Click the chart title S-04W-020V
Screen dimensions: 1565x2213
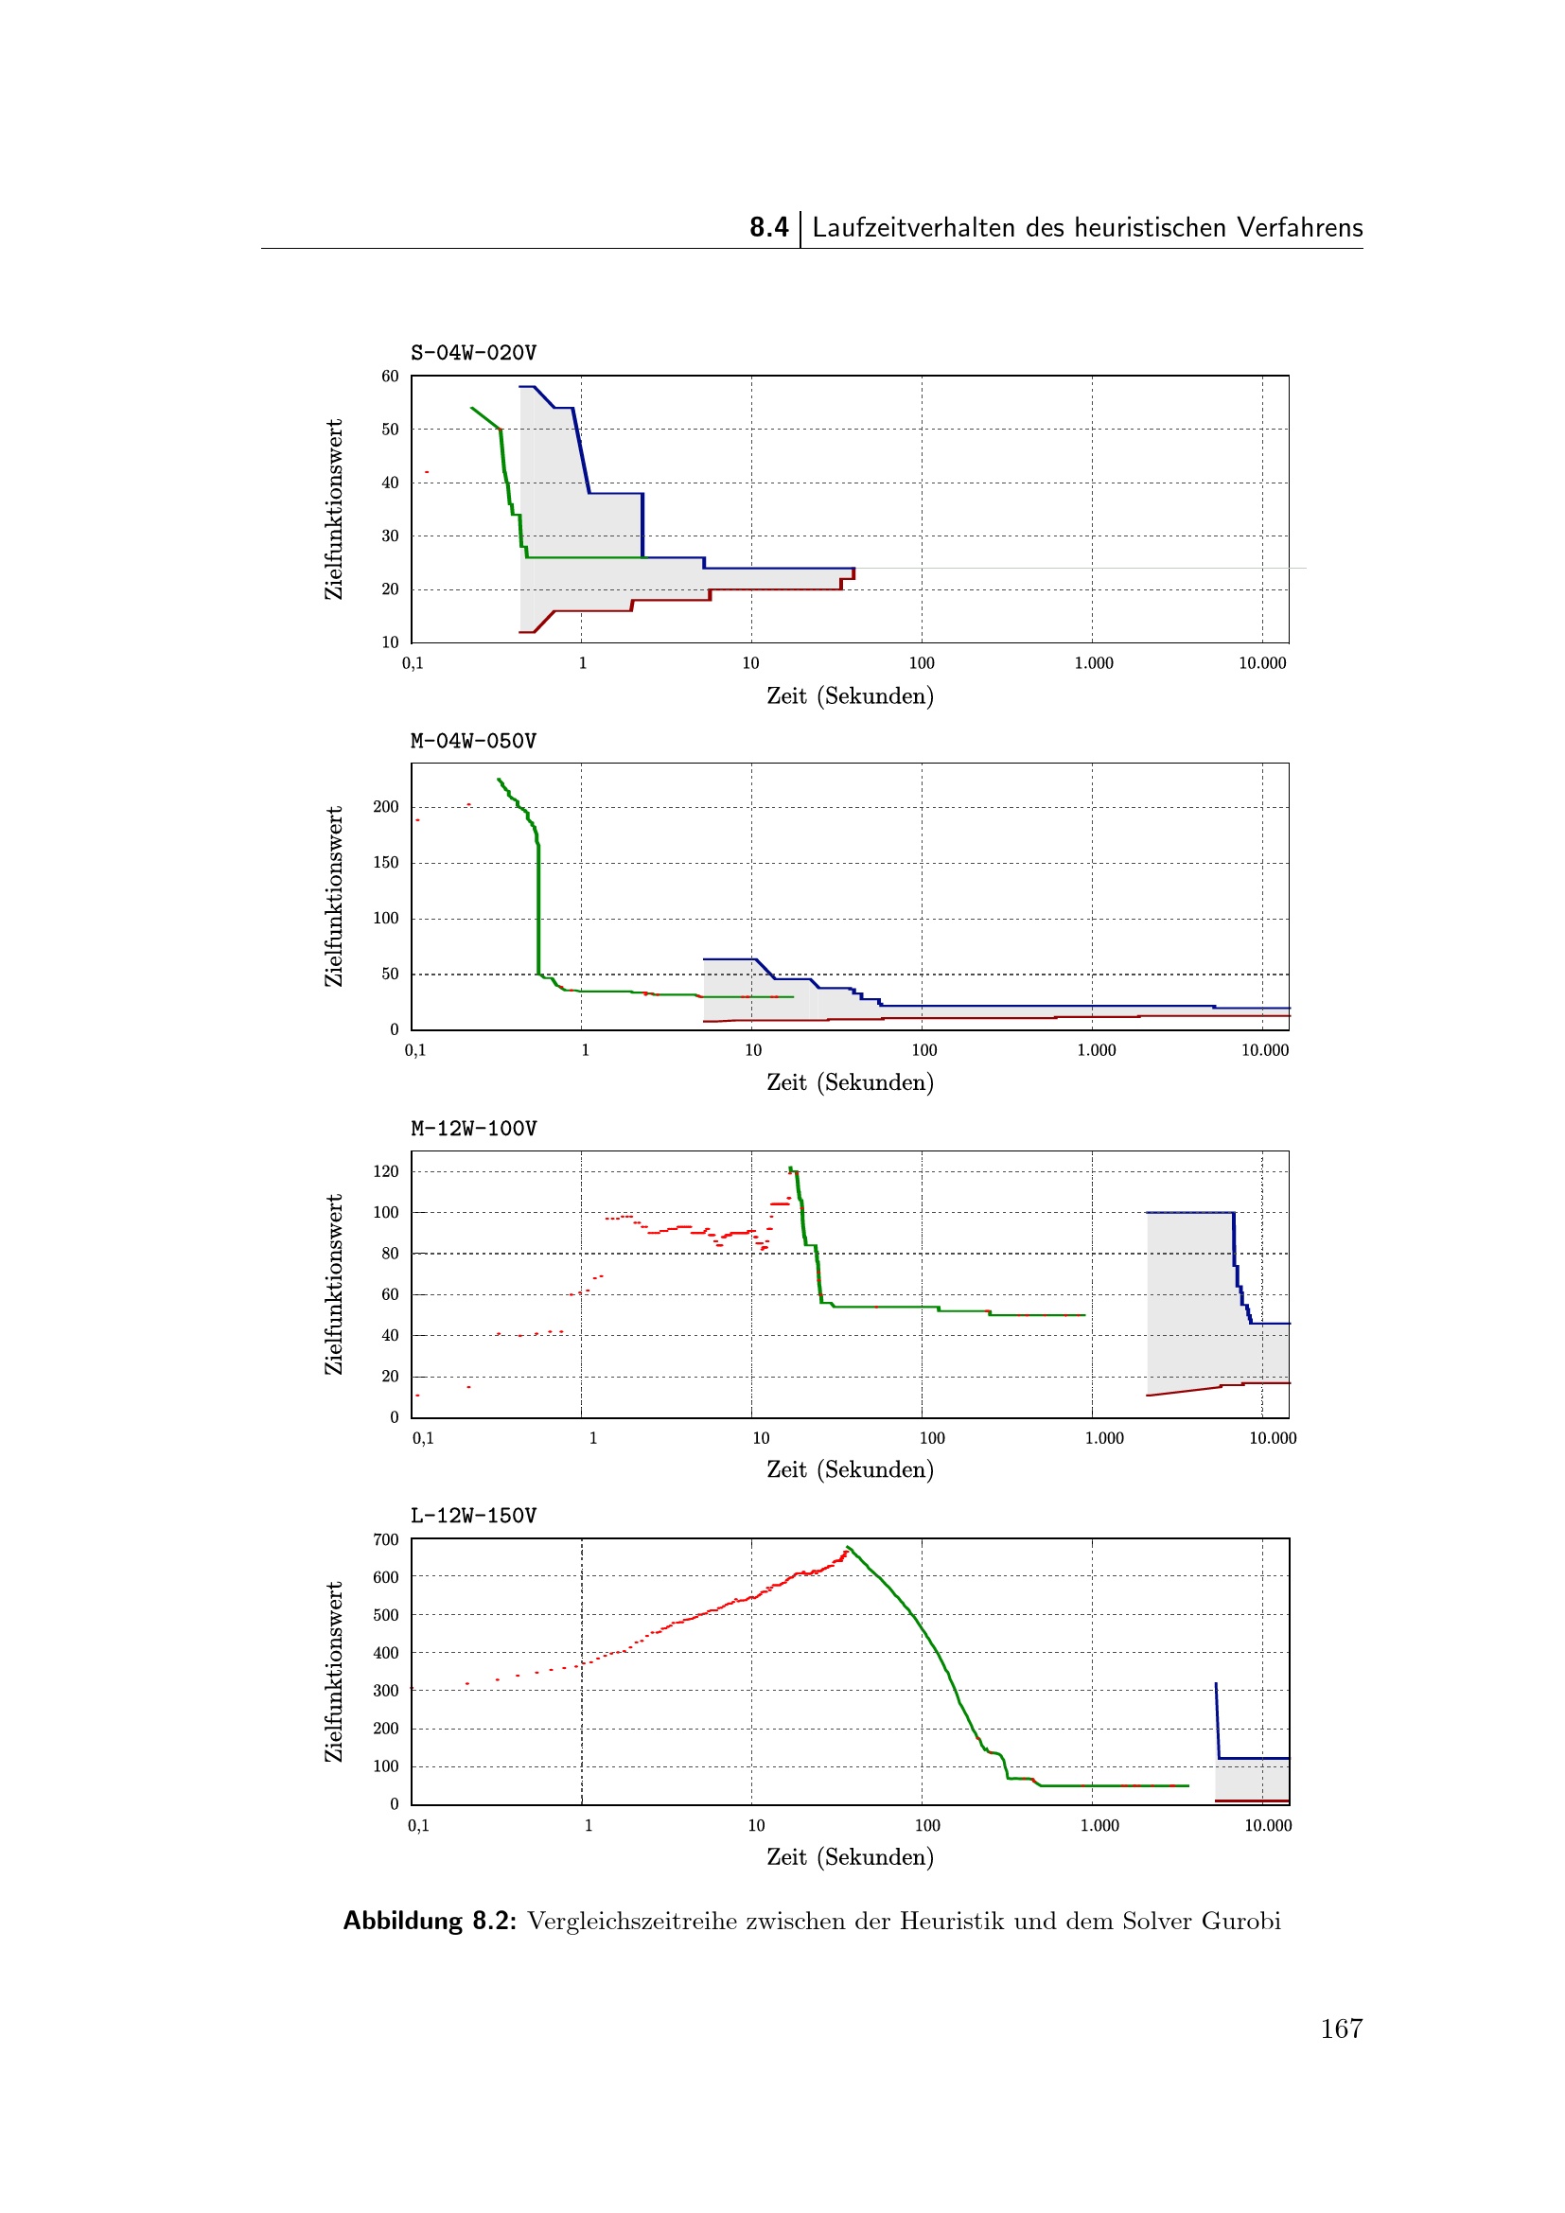click(x=473, y=353)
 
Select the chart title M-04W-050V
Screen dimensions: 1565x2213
click(x=473, y=741)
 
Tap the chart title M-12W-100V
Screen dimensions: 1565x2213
click(x=473, y=1129)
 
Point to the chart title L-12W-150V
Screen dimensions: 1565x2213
click(x=473, y=1516)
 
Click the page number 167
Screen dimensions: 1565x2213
click(x=1342, y=2029)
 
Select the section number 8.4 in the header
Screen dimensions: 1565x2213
click(x=769, y=227)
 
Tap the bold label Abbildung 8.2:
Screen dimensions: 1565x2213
click(x=430, y=1921)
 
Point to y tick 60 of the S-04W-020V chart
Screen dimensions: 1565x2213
click(x=389, y=377)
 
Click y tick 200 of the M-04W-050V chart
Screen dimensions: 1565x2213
click(x=385, y=807)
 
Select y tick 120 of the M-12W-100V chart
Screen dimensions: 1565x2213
click(x=385, y=1172)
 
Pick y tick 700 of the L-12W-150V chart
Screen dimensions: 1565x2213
click(x=385, y=1540)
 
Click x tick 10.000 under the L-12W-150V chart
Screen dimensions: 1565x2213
click(x=1268, y=1825)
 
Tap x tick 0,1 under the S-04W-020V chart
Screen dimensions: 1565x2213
click(x=413, y=663)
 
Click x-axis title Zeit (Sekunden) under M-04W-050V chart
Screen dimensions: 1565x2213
click(x=850, y=1082)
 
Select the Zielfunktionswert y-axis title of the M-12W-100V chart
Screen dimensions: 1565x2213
click(x=333, y=1285)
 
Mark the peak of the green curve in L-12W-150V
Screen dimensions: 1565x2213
click(x=847, y=1547)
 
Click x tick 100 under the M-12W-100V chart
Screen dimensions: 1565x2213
click(x=932, y=1438)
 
